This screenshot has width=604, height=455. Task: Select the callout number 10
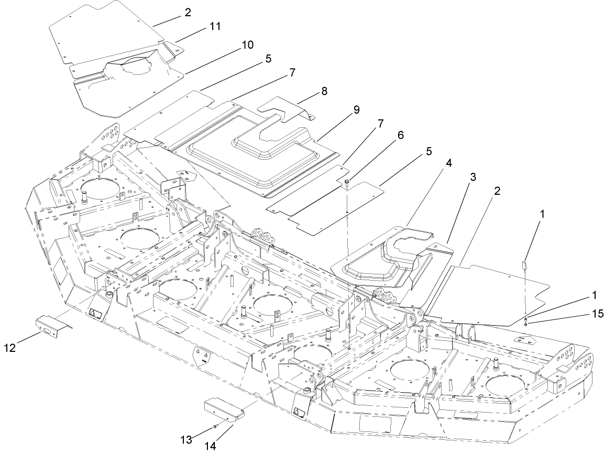coord(247,46)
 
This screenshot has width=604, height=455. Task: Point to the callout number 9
coord(357,110)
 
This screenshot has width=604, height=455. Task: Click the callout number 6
coord(401,135)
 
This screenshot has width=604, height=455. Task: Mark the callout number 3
coord(472,177)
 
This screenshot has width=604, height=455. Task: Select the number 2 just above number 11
coord(187,12)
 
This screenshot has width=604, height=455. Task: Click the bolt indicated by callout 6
coord(347,182)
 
